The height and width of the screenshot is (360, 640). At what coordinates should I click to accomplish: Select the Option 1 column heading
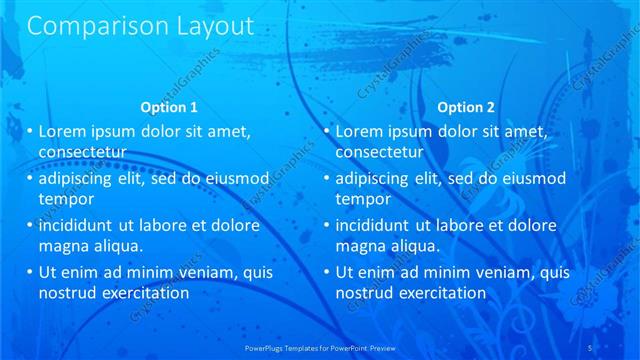tap(170, 107)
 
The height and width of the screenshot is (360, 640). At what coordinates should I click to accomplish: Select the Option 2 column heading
tap(466, 107)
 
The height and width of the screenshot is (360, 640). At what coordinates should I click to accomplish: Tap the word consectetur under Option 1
tap(82, 152)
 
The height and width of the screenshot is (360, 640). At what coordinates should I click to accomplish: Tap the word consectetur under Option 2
tap(379, 152)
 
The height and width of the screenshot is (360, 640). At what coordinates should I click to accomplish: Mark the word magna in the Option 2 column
tap(361, 245)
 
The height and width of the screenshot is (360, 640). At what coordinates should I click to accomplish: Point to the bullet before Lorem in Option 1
tap(29, 131)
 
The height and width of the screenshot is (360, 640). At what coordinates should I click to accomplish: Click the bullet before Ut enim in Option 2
tap(326, 272)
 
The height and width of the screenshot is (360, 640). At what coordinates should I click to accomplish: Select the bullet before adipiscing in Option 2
tap(326, 179)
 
